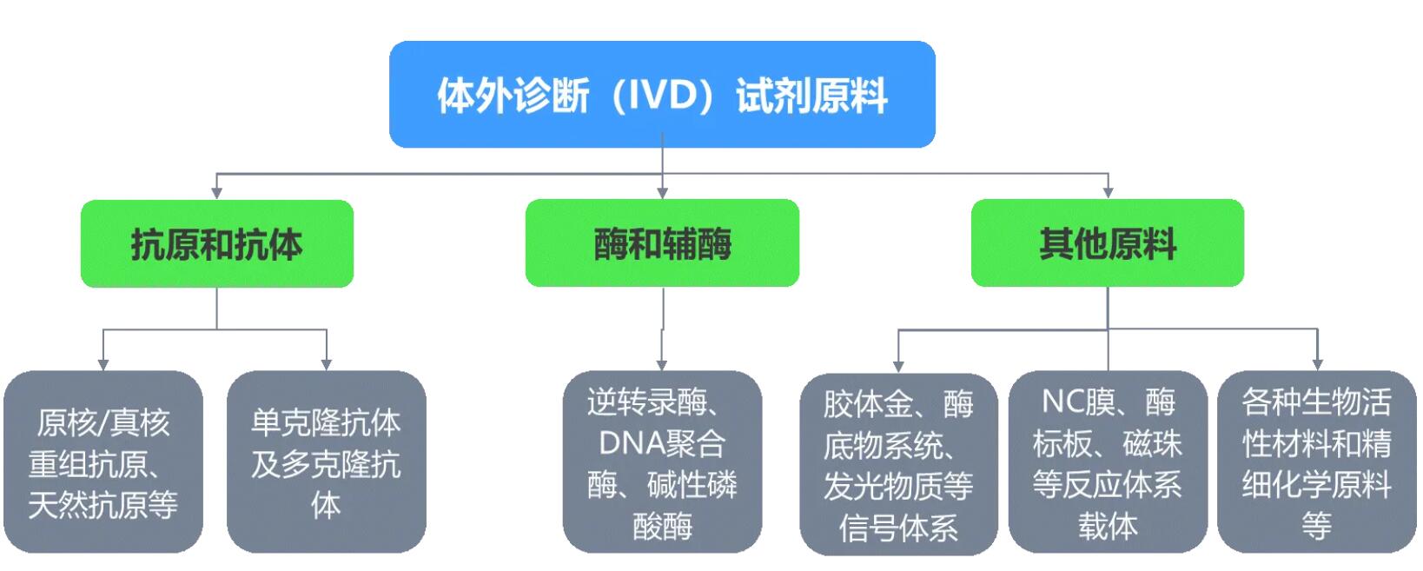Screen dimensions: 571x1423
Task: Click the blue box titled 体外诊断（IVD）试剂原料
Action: (x=662, y=94)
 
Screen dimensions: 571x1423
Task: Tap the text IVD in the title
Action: (x=664, y=95)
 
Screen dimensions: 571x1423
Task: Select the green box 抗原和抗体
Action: (x=216, y=243)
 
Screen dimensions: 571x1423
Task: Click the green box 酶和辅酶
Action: (x=662, y=243)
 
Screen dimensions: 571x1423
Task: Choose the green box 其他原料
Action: (x=1107, y=243)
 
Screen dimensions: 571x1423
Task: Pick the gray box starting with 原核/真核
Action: (x=103, y=462)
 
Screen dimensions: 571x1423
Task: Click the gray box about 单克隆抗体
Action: (x=326, y=462)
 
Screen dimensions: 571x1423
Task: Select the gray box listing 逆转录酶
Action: (x=662, y=462)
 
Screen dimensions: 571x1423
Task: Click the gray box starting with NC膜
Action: (x=1108, y=462)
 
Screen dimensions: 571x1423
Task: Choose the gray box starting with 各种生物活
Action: (x=1316, y=462)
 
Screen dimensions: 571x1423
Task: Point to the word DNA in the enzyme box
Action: (x=631, y=443)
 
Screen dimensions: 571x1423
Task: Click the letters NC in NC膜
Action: (x=1062, y=402)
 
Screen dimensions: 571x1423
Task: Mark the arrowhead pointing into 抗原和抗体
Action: (x=216, y=192)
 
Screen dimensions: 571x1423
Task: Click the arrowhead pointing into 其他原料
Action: (x=1108, y=192)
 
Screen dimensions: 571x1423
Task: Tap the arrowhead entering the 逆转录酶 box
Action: (x=662, y=364)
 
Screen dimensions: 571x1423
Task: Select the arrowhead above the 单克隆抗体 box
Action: (x=326, y=364)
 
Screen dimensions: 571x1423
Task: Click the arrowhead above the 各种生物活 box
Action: (x=1318, y=364)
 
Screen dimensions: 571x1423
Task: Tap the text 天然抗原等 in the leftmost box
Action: (x=103, y=505)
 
